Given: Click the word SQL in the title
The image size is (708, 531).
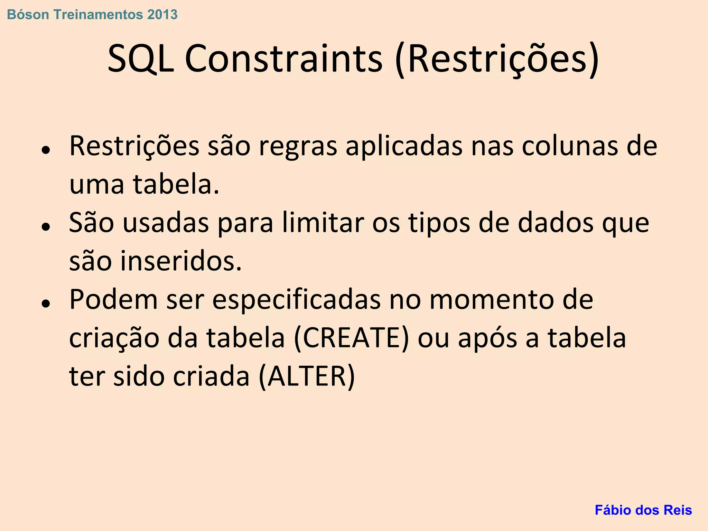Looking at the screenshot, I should point(141,59).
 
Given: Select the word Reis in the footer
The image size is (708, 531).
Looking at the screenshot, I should point(679,510).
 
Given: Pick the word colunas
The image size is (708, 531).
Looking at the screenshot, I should point(569,146).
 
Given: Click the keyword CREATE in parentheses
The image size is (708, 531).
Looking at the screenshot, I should point(351,338).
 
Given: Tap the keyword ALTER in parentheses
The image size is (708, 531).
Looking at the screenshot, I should point(307,376).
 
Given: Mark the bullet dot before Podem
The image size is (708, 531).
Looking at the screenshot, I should point(46,304).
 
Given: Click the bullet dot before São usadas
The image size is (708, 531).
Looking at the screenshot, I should point(46,227).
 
